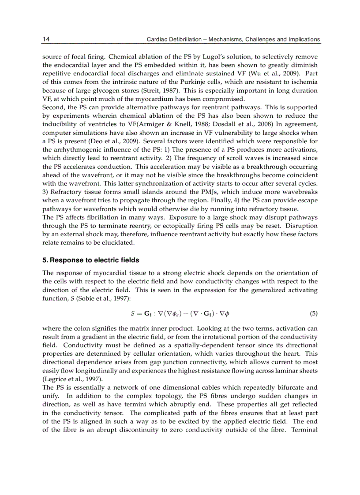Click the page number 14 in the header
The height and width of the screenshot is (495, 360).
click(46, 39)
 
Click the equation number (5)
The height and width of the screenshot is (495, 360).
click(313, 314)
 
